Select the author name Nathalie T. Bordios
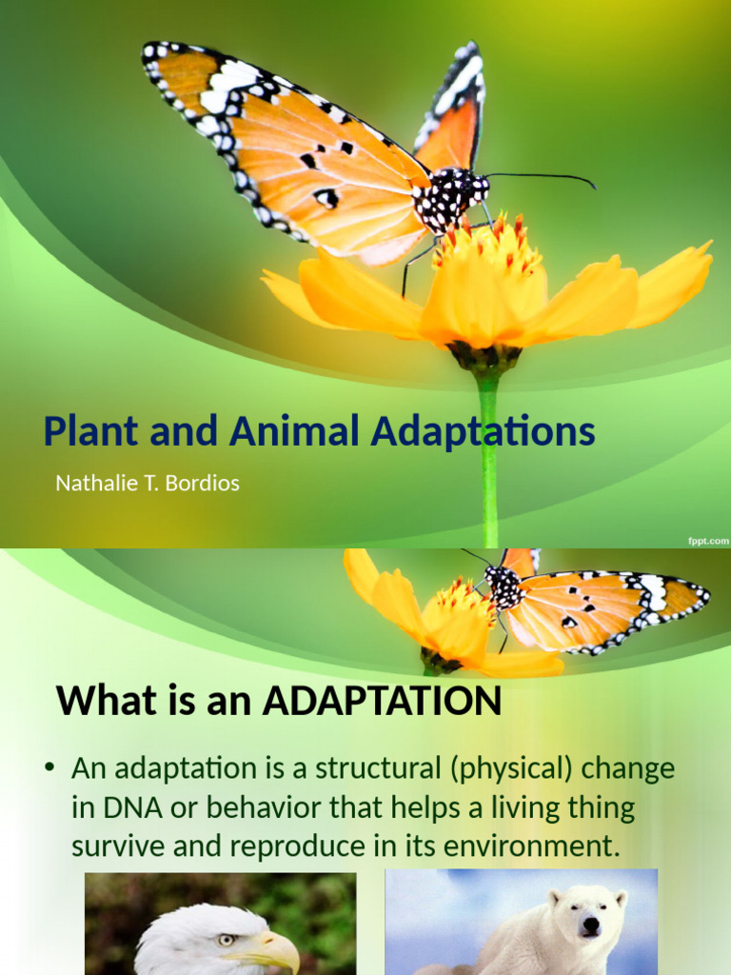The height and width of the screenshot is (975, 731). coord(147,483)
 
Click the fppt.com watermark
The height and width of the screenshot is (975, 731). coord(708,540)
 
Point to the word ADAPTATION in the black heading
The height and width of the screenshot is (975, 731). coord(382,702)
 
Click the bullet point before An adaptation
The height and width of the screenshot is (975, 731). coord(50,768)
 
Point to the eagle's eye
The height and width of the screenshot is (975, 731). coord(227,940)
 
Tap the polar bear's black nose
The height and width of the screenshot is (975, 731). coord(590,924)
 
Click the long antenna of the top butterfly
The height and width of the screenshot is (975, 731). coord(543,177)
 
